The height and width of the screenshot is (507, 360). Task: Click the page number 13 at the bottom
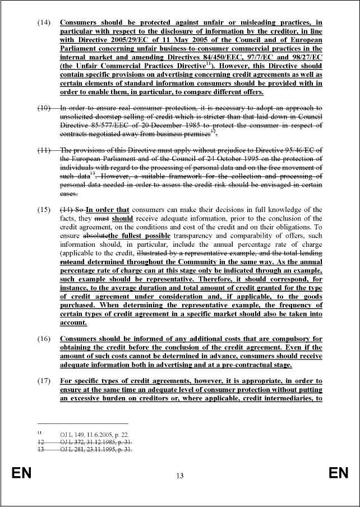click(x=179, y=476)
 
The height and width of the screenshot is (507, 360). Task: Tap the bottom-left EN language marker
click(x=21, y=474)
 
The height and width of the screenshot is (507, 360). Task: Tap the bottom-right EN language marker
click(x=338, y=474)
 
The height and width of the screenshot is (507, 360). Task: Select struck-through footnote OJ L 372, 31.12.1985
click(x=96, y=442)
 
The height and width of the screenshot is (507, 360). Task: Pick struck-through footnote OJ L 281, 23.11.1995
click(x=96, y=450)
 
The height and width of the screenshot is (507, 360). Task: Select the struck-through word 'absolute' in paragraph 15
click(x=95, y=236)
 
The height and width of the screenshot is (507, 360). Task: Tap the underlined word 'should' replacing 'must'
click(x=123, y=218)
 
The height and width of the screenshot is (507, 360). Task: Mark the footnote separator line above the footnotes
click(x=82, y=424)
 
